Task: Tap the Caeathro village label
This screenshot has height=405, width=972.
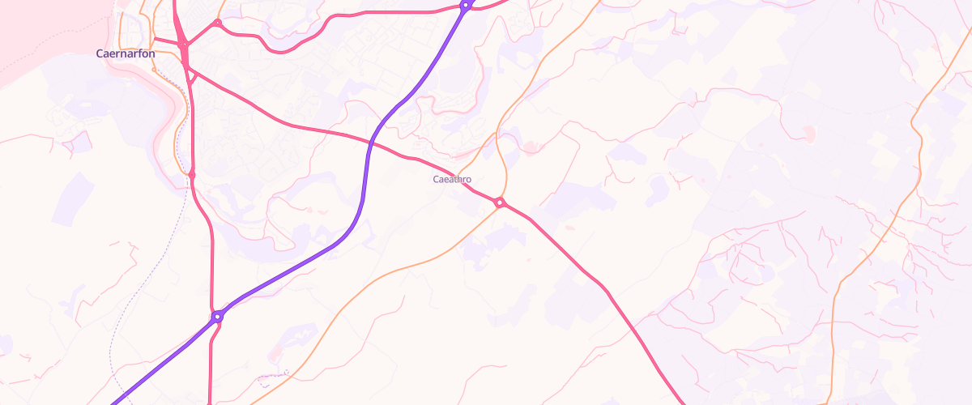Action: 452,179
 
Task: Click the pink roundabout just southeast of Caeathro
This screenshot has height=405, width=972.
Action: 501,202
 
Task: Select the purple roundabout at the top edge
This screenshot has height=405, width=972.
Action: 466,5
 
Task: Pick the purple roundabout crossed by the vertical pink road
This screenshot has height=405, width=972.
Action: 217,317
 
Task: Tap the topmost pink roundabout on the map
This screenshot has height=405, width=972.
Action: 217,23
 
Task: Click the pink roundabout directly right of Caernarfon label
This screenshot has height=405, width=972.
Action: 184,45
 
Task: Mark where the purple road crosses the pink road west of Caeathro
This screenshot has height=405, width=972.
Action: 369,143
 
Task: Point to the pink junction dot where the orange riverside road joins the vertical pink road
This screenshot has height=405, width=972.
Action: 192,174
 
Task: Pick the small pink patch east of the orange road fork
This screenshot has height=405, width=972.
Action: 531,147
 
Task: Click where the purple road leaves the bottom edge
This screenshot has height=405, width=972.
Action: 113,402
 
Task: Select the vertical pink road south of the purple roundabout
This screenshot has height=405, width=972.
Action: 211,364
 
